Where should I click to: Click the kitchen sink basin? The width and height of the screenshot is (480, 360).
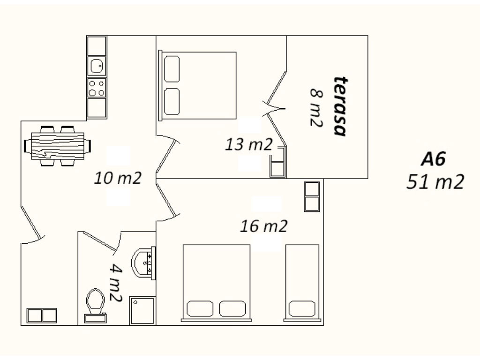(x=97, y=66)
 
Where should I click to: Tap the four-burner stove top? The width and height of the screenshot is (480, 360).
(x=97, y=88)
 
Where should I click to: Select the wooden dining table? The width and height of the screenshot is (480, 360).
(x=58, y=146)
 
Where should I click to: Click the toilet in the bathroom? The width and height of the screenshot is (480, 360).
(x=96, y=305)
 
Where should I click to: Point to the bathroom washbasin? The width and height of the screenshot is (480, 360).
(x=143, y=263)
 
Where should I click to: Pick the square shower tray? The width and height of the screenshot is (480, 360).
(x=142, y=310)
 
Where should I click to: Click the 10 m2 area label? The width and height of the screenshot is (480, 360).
(x=118, y=178)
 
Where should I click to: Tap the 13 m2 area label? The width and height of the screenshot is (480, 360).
(x=248, y=144)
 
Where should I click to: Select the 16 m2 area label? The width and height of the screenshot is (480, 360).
(x=263, y=226)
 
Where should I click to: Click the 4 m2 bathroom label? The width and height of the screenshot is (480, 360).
(x=116, y=283)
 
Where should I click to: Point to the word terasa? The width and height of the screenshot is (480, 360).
(x=340, y=106)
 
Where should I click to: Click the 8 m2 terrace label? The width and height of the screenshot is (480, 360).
(x=316, y=107)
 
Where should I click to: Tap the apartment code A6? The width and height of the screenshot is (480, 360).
(x=433, y=159)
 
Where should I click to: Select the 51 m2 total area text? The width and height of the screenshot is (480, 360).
(x=435, y=182)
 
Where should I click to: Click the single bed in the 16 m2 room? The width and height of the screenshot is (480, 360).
(x=302, y=283)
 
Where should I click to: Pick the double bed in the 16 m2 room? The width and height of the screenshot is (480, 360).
(x=217, y=283)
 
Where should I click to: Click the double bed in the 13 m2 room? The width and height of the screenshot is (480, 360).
(x=197, y=85)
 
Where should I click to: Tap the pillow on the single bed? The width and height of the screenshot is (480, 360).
(x=302, y=308)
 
